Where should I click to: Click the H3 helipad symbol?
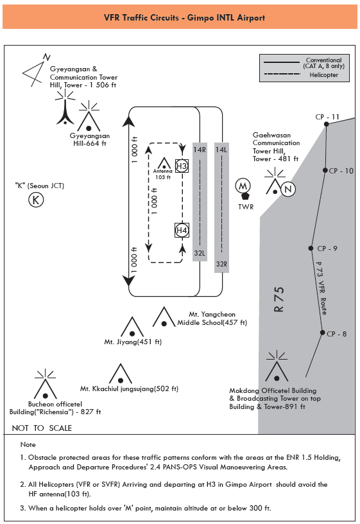(182, 166)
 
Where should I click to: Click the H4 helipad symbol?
(182, 230)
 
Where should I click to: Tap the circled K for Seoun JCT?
(36, 200)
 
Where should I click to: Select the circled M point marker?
(243, 186)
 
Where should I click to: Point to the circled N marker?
(288, 189)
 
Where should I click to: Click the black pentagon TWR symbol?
(245, 197)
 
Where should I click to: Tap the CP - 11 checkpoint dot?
(326, 124)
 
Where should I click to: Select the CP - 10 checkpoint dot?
(325, 170)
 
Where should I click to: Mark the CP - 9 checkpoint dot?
(311, 248)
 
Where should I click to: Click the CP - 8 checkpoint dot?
(322, 333)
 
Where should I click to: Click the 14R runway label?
(200, 150)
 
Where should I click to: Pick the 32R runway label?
(221, 264)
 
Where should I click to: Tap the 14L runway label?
(221, 150)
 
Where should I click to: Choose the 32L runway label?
(200, 253)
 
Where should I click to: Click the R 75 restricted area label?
(279, 299)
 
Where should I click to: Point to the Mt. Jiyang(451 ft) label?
(133, 342)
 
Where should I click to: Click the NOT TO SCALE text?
(42, 428)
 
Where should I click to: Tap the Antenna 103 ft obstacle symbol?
(164, 163)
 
